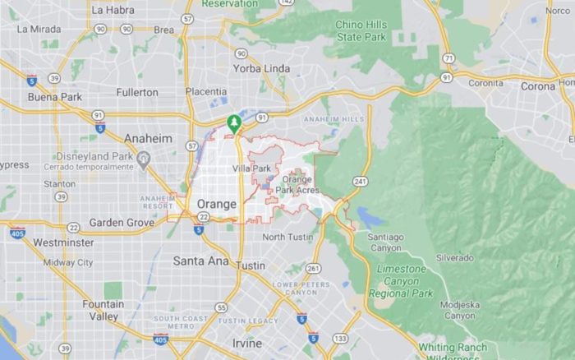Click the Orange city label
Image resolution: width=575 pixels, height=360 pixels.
[217, 204]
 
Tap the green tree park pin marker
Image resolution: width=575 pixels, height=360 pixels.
[235, 124]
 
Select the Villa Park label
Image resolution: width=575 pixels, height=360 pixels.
[251, 168]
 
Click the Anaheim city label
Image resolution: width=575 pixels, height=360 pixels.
[148, 139]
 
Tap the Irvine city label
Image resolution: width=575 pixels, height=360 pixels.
[246, 343]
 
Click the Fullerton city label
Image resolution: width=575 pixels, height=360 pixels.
[136, 93]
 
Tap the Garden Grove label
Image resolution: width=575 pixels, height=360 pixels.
[121, 223]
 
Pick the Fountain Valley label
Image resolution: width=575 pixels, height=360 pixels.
[103, 311]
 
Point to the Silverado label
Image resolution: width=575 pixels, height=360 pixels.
[454, 257]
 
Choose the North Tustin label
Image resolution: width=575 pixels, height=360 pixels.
[288, 238]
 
